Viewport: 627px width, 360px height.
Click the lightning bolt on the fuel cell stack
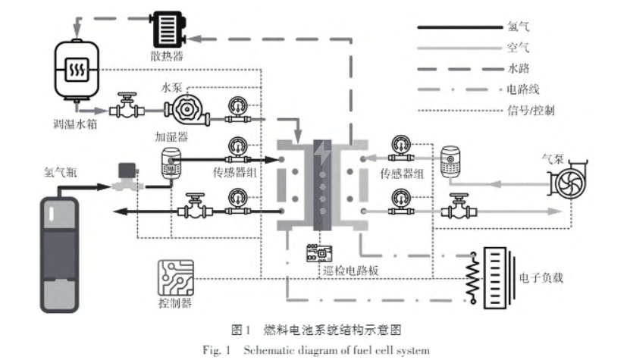324,152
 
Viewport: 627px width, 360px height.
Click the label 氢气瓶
61,173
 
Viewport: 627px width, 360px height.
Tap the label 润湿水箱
74,124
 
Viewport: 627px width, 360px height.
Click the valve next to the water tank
124,105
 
